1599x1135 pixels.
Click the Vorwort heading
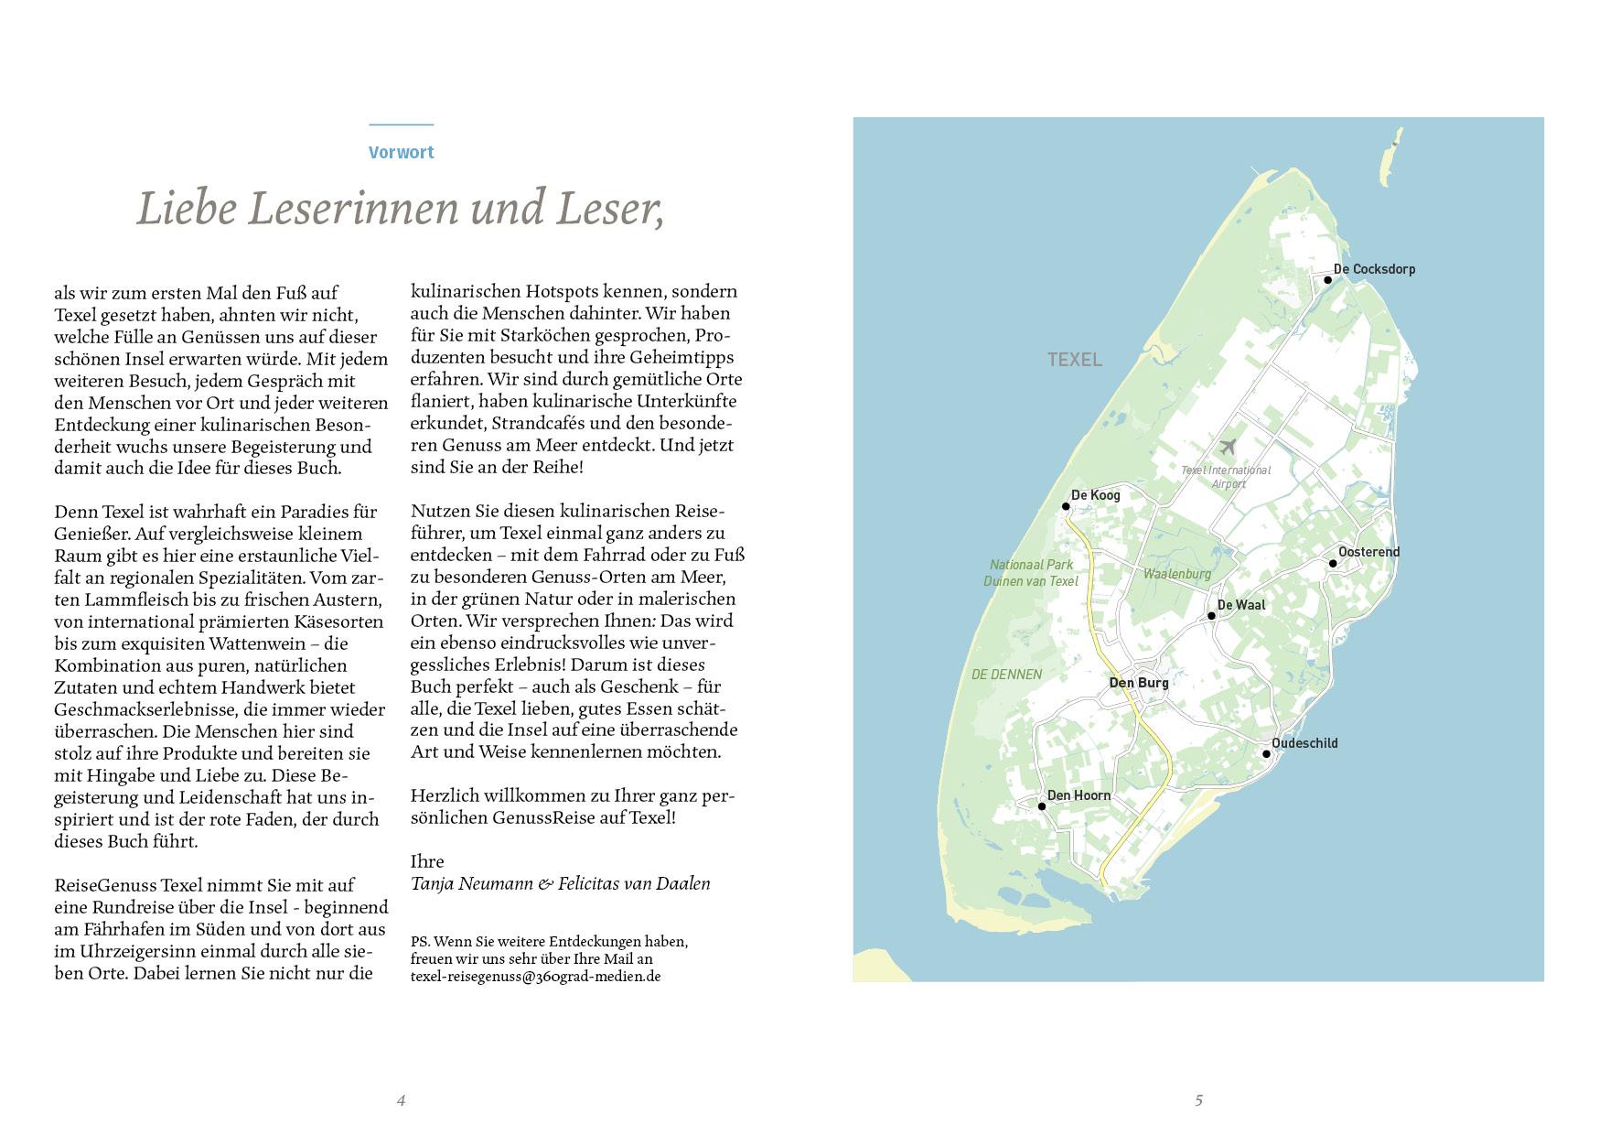[x=401, y=153]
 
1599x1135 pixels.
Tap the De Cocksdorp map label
[x=1374, y=269]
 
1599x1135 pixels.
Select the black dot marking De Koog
[x=1066, y=506]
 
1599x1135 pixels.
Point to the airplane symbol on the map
[x=1228, y=447]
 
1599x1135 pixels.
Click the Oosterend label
[x=1368, y=552]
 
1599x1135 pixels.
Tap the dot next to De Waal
[x=1211, y=616]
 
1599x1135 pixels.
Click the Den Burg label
[x=1138, y=683]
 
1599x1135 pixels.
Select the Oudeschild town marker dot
[x=1266, y=754]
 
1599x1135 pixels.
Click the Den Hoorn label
[x=1079, y=795]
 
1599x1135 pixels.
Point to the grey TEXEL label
[x=1075, y=360]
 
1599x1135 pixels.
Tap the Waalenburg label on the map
[x=1176, y=574]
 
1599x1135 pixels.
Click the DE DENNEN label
[x=1006, y=675]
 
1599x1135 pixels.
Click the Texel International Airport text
[x=1227, y=477]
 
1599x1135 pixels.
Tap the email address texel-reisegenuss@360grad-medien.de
[x=535, y=977]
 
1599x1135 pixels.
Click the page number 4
[x=401, y=1100]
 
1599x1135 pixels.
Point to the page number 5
[x=1198, y=1100]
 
